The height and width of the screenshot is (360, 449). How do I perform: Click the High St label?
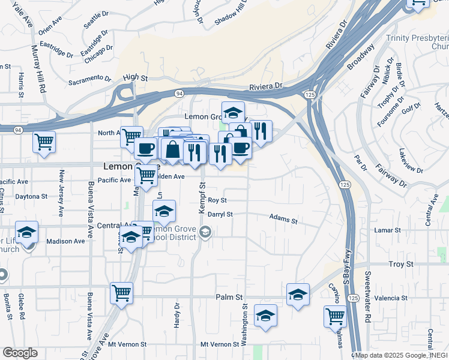[135, 77]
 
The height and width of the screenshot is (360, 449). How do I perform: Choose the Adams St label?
[283, 220]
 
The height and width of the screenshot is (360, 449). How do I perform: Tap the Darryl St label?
[220, 214]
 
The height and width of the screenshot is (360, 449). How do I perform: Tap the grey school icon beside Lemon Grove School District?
[205, 232]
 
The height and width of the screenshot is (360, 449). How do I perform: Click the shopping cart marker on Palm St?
[121, 293]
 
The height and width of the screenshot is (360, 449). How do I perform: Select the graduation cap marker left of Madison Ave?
[26, 232]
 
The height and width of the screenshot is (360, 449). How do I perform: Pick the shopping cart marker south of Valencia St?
[334, 316]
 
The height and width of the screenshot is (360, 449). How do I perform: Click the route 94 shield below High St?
[179, 93]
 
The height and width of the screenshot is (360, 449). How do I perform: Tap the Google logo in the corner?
[20, 353]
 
